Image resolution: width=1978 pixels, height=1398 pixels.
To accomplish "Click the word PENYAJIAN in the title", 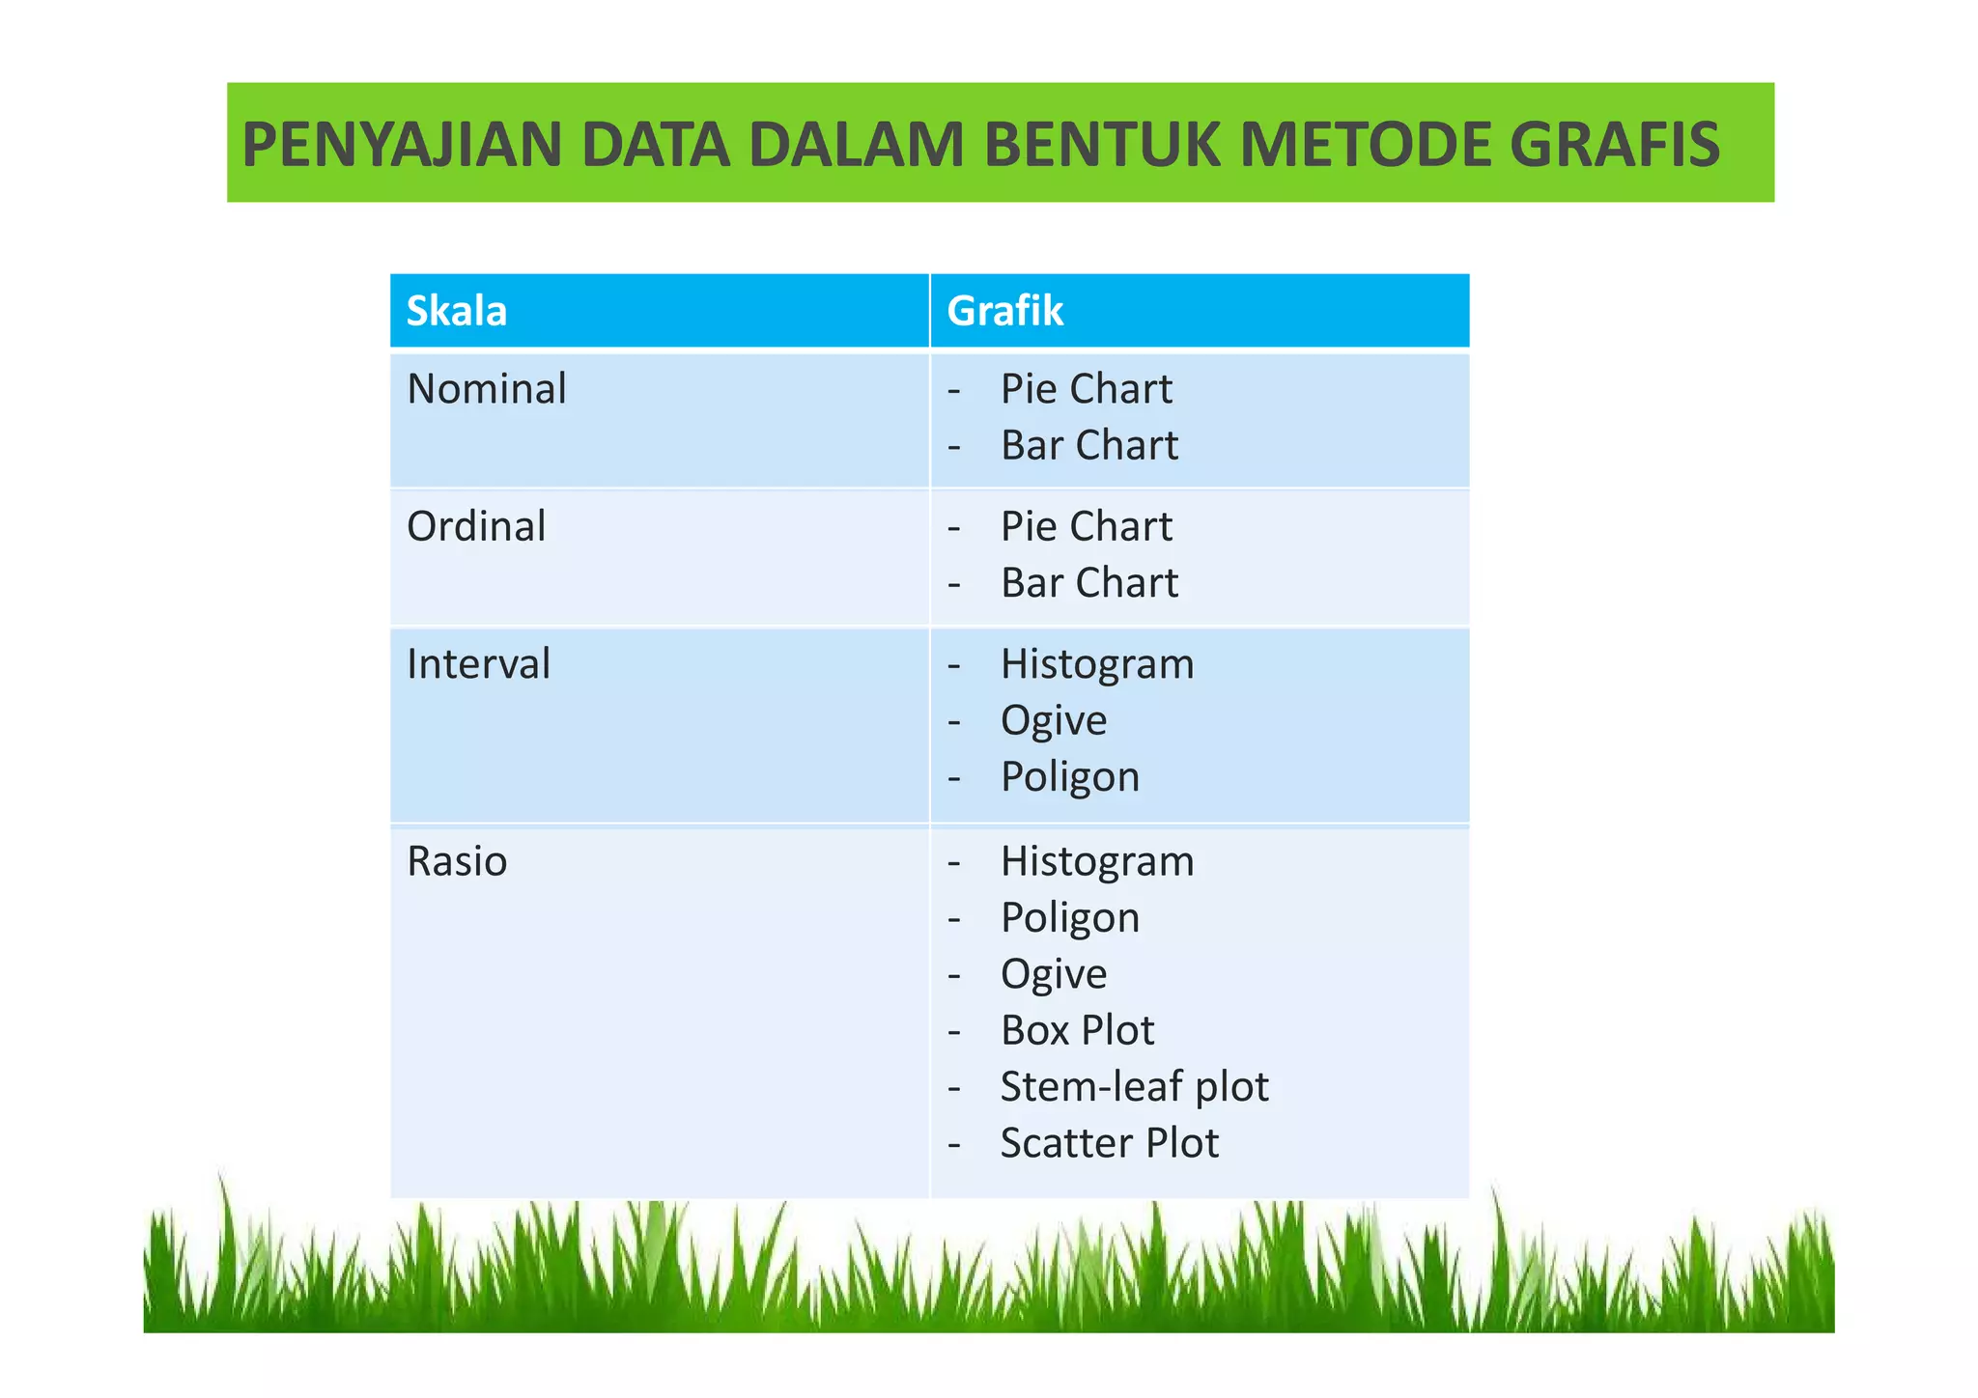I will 402,145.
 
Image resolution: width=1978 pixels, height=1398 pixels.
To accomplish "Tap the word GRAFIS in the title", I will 1614,145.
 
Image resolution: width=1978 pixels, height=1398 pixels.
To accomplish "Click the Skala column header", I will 457,311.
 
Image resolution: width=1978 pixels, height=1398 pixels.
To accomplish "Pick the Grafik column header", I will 1004,311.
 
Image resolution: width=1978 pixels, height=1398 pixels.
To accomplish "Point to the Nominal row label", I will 487,389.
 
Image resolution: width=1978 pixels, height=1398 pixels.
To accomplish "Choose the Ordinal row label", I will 476,527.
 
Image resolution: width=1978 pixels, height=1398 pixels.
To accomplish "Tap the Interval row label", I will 478,664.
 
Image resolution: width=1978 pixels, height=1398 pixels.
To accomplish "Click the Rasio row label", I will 457,861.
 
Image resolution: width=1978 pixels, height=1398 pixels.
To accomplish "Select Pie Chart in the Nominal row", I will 1086,389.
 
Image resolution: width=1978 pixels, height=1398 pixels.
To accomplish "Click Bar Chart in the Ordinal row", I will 1089,583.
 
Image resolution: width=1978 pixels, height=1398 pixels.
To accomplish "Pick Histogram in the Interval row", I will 1097,665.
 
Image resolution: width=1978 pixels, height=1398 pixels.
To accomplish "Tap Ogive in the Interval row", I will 1054,721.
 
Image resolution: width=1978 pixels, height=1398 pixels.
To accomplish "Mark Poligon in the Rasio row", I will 1070,918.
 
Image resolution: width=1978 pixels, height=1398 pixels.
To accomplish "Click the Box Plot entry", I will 1077,1030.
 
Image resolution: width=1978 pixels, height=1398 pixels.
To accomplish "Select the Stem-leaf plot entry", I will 1134,1087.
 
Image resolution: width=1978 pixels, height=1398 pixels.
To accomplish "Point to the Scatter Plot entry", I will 1110,1143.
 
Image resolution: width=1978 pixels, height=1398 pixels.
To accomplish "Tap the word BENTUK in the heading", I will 1103,145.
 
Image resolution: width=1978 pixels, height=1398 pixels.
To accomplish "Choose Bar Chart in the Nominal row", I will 1089,446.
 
